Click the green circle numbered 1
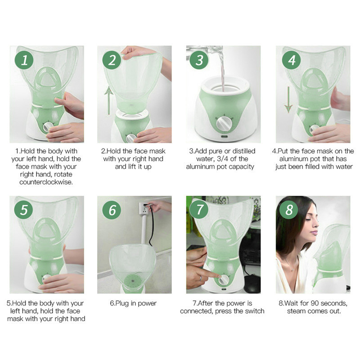[24, 60]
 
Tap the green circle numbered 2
[112, 60]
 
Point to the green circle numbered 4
[292, 60]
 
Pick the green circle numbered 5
[24, 210]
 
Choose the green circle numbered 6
[112, 210]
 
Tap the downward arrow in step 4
[288, 100]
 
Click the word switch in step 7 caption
[254, 311]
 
